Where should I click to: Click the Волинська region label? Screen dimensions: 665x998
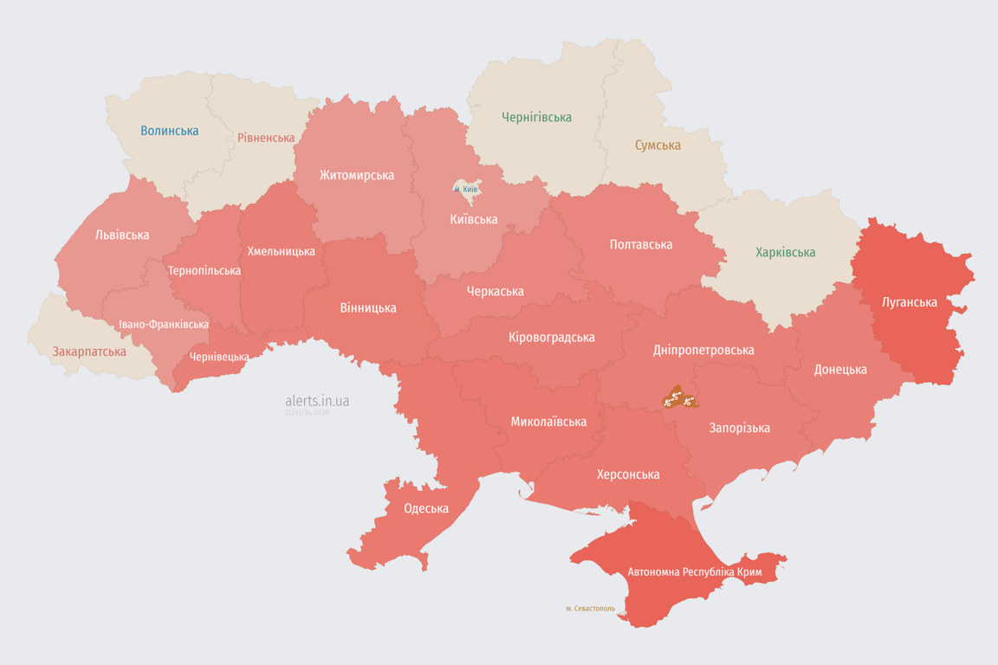tap(170, 131)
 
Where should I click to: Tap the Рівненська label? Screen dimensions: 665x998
tap(266, 138)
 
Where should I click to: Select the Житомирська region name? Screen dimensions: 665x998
tap(357, 175)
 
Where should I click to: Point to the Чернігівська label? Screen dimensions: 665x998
tap(537, 117)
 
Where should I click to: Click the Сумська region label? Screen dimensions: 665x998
tap(658, 145)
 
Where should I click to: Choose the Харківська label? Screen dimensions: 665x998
tap(785, 252)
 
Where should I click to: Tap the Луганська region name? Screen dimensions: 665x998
tap(910, 302)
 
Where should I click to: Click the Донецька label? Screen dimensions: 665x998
tap(840, 370)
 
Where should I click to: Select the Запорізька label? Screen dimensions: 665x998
tap(740, 428)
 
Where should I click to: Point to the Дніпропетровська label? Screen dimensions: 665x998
tap(703, 350)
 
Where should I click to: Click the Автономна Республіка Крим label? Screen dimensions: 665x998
tap(694, 572)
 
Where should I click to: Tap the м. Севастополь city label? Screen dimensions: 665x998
tap(590, 609)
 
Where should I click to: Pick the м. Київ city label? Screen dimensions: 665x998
tap(466, 189)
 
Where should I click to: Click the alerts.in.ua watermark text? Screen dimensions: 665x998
tap(317, 401)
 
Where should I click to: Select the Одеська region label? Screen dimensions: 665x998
tap(426, 508)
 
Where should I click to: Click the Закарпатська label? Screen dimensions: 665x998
tap(89, 352)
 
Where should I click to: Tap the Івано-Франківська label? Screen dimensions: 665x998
tap(164, 325)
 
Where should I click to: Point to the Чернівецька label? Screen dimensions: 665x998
tap(219, 357)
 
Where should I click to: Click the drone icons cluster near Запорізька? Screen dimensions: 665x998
tap(680, 398)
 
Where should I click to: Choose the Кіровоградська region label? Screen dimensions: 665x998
tap(552, 337)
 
